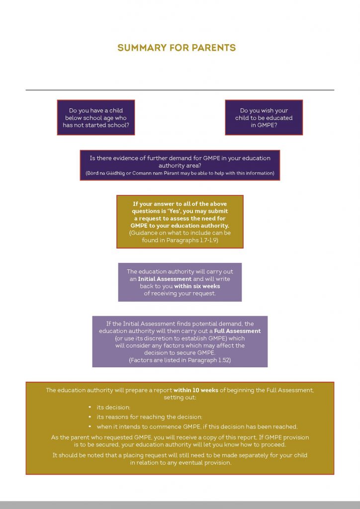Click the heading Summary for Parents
coord(177,48)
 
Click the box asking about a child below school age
coord(96,117)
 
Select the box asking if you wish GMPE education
coord(264,117)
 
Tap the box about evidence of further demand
coord(180,165)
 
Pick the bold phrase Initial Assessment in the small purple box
coord(165,279)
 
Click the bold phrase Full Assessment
coord(237,331)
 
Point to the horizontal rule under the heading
coord(180,90)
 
